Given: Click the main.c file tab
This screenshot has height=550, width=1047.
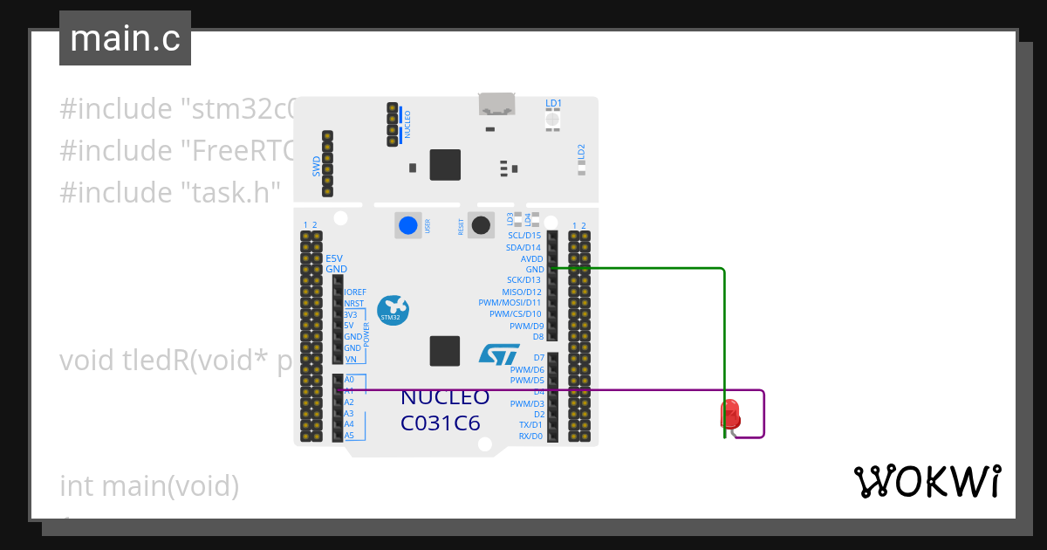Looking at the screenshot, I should (124, 38).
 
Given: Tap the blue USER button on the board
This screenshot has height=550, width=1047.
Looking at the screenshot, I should (407, 225).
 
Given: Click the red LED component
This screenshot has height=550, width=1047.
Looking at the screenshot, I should (729, 413).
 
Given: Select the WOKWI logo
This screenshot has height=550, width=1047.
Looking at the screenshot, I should (926, 482).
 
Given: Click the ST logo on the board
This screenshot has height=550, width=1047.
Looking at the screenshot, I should (499, 354).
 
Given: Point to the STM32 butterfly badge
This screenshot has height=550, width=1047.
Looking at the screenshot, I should (393, 310).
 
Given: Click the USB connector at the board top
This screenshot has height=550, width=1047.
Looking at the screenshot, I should (496, 104).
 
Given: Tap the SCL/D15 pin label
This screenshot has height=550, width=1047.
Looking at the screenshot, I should (523, 236).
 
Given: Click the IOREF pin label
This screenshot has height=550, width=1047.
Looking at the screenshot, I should (355, 292).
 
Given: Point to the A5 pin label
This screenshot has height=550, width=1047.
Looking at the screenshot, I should (349, 435).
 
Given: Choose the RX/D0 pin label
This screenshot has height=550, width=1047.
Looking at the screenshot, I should (530, 436).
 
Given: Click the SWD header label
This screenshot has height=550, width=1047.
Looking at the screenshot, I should (317, 166).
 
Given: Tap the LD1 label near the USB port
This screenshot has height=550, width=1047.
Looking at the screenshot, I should (553, 103).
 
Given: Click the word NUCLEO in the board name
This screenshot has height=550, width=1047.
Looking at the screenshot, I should (444, 398).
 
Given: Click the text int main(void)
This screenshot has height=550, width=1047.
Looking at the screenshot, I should (148, 485).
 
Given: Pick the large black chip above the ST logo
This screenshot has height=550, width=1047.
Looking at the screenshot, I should (445, 351).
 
